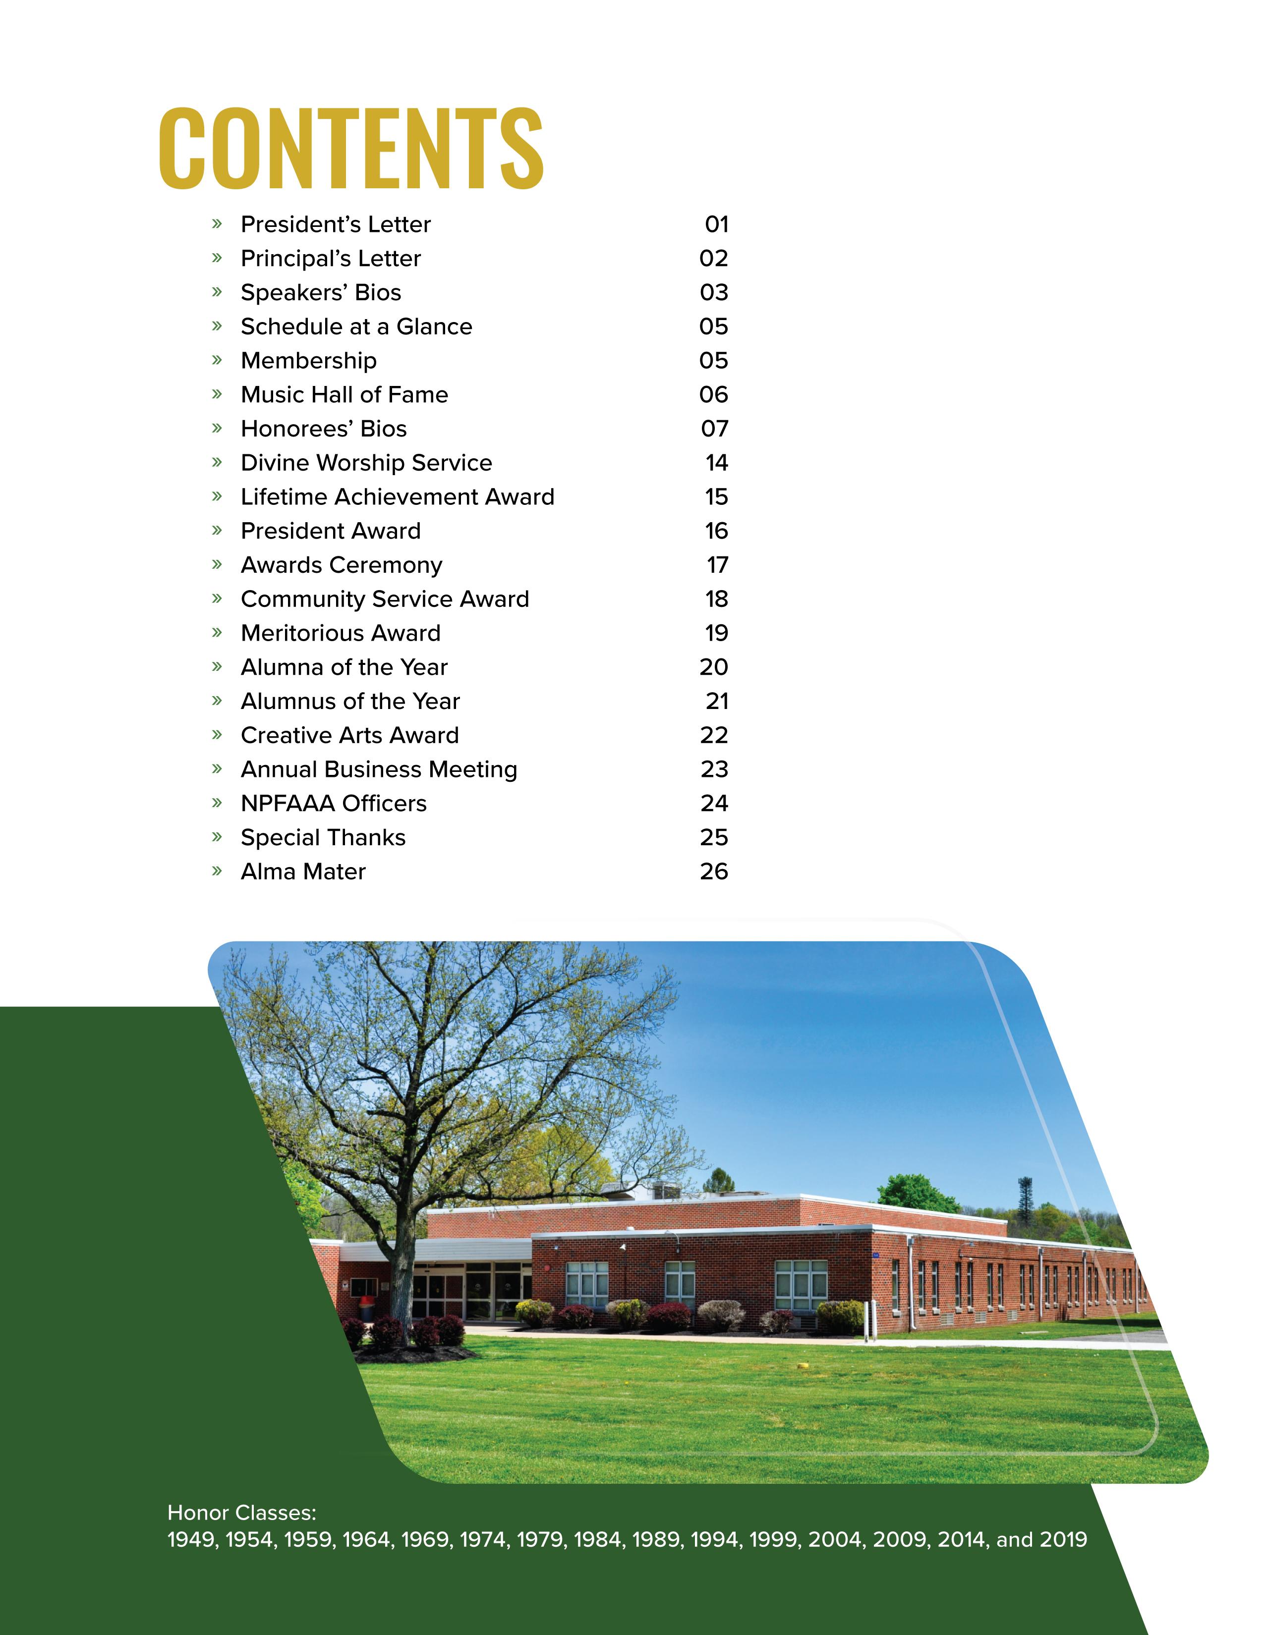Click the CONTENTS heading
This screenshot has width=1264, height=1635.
pos(350,148)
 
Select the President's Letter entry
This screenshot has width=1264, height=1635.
pos(336,224)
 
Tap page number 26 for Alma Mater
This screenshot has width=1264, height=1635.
pos(714,872)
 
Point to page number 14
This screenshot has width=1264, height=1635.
pos(716,463)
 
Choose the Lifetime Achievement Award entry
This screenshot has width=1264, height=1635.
pos(398,497)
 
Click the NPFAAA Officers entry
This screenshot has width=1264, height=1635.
pos(333,803)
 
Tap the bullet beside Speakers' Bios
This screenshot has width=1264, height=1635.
pos(217,292)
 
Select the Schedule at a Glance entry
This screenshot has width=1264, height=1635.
pos(356,327)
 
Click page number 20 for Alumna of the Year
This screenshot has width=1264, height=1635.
pos(714,667)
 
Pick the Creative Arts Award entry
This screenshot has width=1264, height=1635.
pos(349,735)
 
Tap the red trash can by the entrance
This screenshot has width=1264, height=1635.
pos(366,1307)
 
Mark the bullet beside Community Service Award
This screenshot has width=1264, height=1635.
pos(217,599)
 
